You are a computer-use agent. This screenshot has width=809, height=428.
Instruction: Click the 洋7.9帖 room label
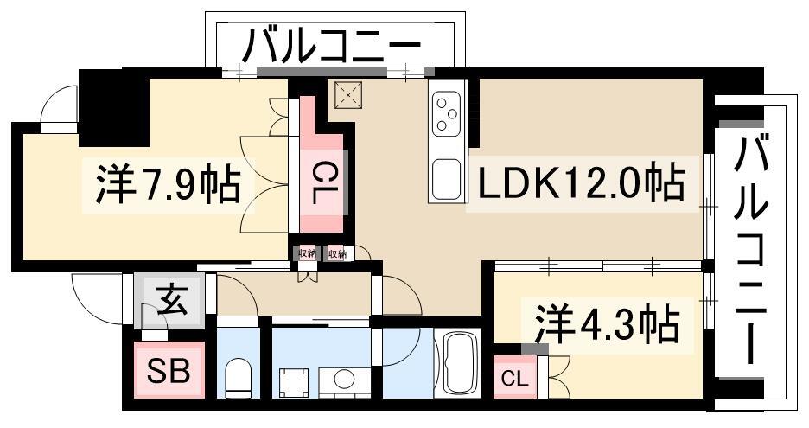pyautogui.click(x=168, y=184)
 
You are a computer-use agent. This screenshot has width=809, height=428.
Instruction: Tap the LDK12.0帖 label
pyautogui.click(x=582, y=182)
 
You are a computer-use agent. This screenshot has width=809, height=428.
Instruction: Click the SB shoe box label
pyautogui.click(x=169, y=370)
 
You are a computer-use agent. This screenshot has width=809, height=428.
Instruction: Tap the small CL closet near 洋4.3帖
pyautogui.click(x=514, y=380)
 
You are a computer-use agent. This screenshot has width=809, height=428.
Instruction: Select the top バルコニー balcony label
pyautogui.click(x=332, y=46)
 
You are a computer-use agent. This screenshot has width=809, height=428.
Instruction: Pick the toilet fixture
pyautogui.click(x=238, y=377)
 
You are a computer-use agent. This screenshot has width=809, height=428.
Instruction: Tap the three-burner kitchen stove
pyautogui.click(x=446, y=113)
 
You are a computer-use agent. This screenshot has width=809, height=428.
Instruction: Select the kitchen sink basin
pyautogui.click(x=446, y=179)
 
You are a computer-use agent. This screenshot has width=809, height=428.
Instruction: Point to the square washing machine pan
pyautogui.click(x=294, y=383)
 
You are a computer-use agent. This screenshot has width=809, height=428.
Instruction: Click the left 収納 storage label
pyautogui.click(x=307, y=253)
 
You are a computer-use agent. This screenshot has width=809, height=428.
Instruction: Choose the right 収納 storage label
pyautogui.click(x=337, y=253)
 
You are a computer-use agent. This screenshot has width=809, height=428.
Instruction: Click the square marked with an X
pyautogui.click(x=348, y=94)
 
